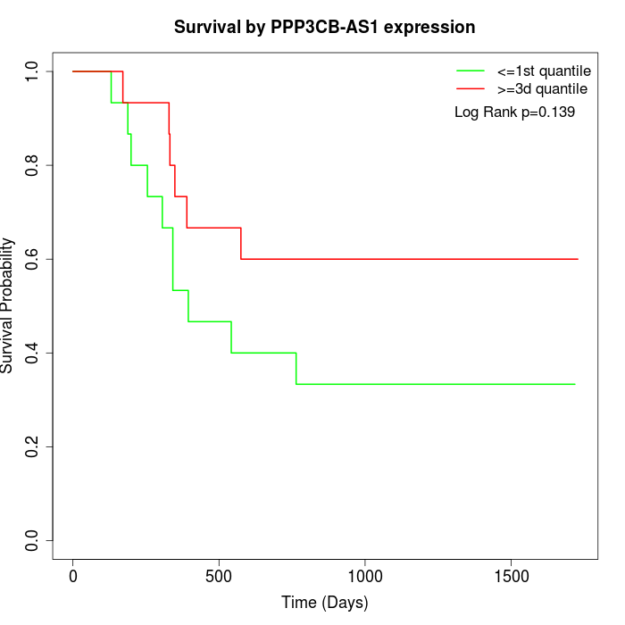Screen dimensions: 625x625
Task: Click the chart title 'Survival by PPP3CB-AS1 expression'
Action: click(324, 27)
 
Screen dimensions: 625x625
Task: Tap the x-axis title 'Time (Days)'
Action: click(324, 603)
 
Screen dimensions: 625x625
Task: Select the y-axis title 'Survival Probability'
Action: click(9, 305)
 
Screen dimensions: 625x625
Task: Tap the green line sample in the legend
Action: click(471, 71)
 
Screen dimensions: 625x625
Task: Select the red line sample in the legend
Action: click(471, 89)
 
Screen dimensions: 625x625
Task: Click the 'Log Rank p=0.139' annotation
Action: click(514, 112)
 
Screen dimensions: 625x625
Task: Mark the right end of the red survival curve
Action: click(578, 259)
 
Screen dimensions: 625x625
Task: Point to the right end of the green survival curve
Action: click(575, 384)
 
